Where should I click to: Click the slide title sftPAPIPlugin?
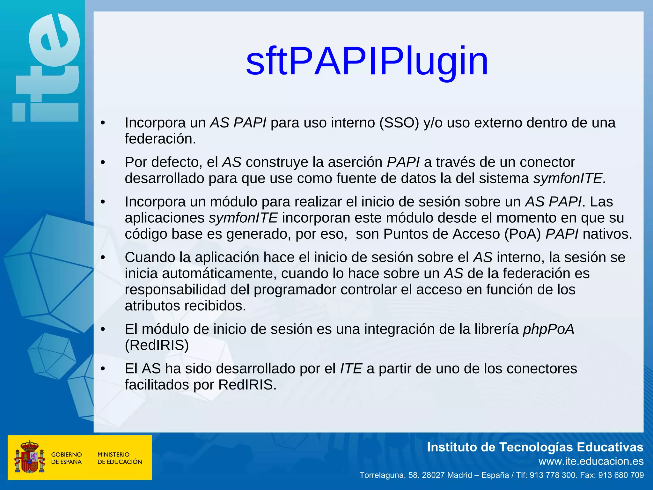coord(367,61)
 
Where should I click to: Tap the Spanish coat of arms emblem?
coord(29,457)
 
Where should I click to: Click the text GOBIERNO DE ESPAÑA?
coord(66,458)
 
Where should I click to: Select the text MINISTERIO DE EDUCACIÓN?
coord(120,458)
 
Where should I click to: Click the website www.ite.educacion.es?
coord(591,461)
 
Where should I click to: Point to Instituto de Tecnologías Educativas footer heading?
coord(535,447)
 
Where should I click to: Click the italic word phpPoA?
coord(548,329)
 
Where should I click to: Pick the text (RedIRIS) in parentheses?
coord(157,345)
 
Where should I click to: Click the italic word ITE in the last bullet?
coord(351,369)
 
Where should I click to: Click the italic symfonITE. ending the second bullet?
coord(569,178)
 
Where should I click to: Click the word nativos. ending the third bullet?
coord(607,234)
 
